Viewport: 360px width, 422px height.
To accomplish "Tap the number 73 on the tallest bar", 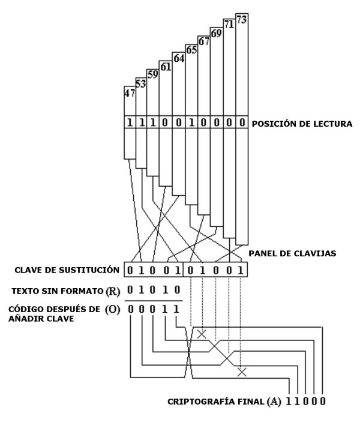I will pos(242,19).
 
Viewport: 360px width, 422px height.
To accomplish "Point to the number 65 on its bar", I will pos(191,50).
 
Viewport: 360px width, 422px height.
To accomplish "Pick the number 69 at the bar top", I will pos(216,33).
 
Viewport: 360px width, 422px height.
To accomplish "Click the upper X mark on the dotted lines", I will pos(202,333).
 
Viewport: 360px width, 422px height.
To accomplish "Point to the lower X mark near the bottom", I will pos(241,372).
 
